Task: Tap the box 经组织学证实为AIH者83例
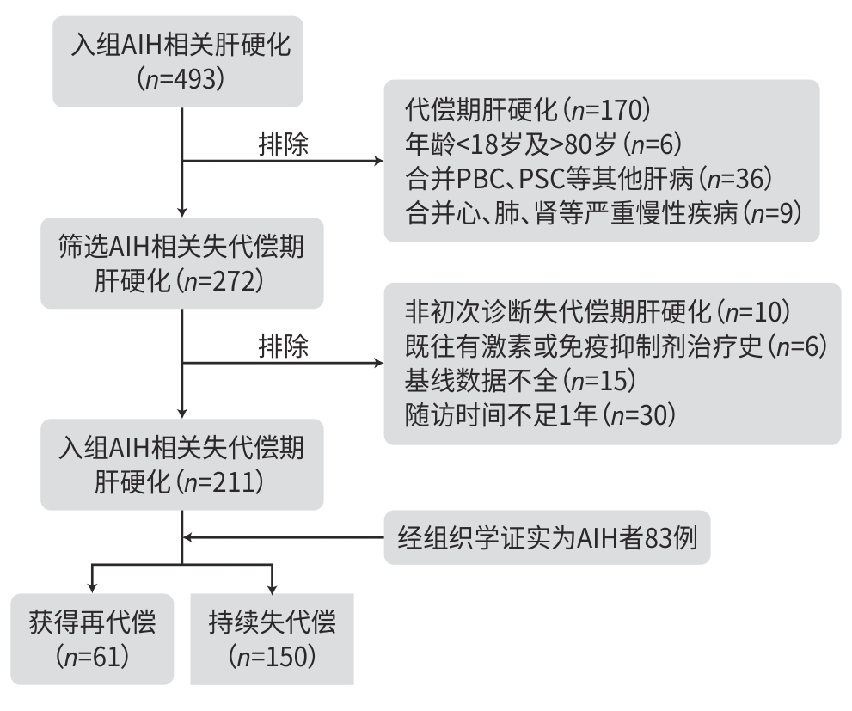[547, 539]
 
